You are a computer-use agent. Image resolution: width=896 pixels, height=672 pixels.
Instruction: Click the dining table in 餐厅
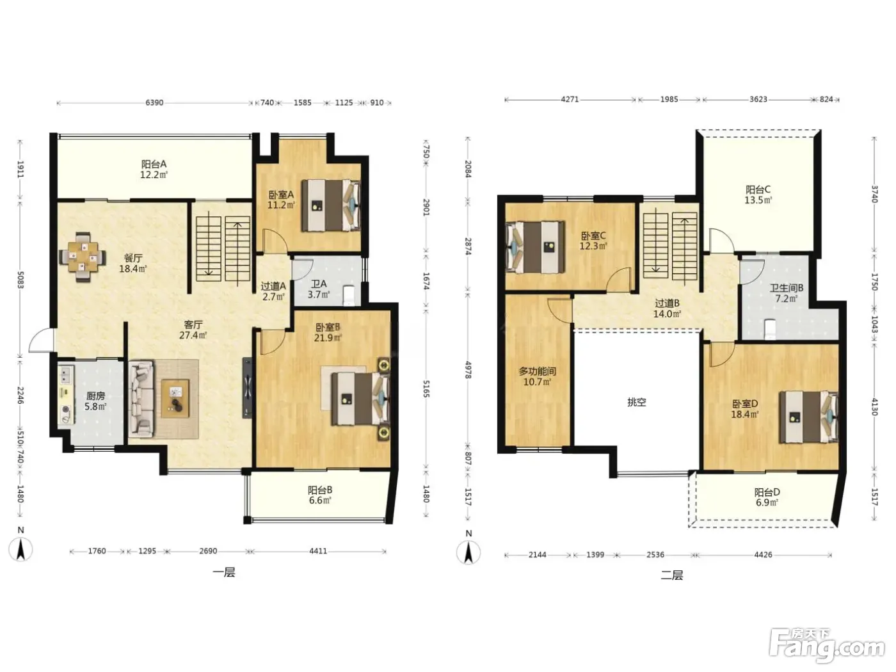[83, 257]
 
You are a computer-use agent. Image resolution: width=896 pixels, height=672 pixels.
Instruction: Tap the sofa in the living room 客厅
[141, 399]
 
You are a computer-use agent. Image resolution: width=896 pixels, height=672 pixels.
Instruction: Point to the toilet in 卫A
[349, 295]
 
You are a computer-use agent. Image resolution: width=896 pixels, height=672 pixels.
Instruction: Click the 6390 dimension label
[154, 103]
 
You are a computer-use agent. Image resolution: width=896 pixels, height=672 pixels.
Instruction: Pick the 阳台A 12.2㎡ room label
[154, 170]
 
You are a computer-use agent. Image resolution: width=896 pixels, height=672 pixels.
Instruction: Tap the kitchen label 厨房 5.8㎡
[95, 401]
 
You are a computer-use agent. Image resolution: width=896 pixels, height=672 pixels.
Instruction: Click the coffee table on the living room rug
[175, 398]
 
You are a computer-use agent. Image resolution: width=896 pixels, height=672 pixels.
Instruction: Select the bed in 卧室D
[808, 417]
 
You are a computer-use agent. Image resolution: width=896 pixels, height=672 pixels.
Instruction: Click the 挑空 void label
[636, 403]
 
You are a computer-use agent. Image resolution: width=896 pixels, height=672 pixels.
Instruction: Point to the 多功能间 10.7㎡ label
[537, 376]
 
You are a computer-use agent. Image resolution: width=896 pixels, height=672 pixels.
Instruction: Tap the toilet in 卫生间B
[770, 329]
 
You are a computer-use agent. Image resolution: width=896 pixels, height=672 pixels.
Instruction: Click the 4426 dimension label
[763, 555]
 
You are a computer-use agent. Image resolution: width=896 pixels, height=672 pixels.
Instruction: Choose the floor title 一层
[224, 572]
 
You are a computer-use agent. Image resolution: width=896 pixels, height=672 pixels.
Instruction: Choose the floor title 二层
[672, 575]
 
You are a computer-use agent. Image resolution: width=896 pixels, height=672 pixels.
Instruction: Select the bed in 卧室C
[535, 247]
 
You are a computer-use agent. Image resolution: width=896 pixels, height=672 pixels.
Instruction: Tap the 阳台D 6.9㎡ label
[767, 497]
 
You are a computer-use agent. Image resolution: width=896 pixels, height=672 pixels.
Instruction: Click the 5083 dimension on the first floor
[20, 278]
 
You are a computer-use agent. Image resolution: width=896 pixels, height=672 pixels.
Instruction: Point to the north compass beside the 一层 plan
[21, 549]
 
